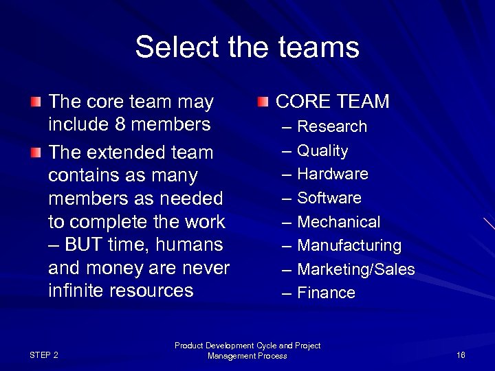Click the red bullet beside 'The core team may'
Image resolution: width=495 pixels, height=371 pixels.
36,102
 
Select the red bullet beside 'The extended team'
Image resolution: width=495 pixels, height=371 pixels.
36,152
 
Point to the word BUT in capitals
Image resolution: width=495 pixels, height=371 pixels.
87,245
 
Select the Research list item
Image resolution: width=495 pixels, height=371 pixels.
332,127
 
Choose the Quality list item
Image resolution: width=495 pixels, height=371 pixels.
322,150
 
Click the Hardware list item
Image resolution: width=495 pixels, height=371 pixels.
332,175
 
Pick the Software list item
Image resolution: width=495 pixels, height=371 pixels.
329,198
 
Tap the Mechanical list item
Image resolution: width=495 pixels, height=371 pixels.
338,222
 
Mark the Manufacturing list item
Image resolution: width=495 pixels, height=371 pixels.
349,245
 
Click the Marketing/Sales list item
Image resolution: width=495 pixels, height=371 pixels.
355,269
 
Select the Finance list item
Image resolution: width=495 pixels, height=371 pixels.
326,293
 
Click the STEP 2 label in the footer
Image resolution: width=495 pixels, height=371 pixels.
44,355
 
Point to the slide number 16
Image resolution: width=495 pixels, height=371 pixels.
461,355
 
